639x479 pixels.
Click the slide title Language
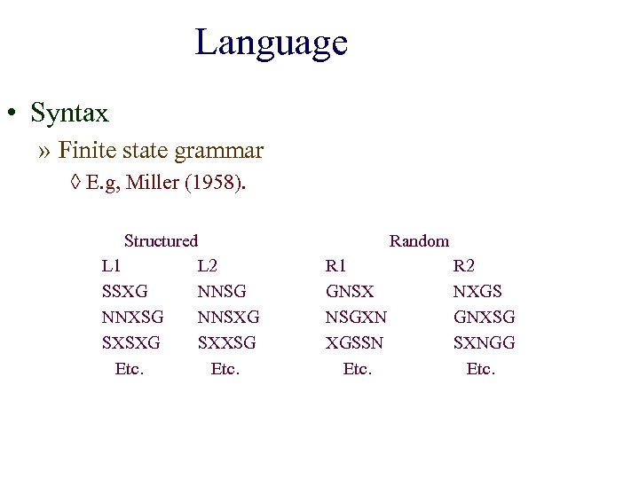pyautogui.click(x=271, y=42)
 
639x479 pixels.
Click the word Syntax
pyautogui.click(x=69, y=114)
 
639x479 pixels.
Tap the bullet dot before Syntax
pyautogui.click(x=11, y=114)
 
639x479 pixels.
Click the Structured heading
pyautogui.click(x=161, y=240)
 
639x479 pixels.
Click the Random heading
pyautogui.click(x=419, y=241)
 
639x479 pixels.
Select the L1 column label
pyautogui.click(x=112, y=266)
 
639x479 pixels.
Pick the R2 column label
pyautogui.click(x=464, y=266)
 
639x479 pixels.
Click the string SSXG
pyautogui.click(x=125, y=291)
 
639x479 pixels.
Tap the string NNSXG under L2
pyautogui.click(x=228, y=317)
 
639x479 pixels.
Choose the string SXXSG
pyautogui.click(x=226, y=342)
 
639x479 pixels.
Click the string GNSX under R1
pyautogui.click(x=350, y=291)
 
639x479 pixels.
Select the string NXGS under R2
pyautogui.click(x=477, y=291)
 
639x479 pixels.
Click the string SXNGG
pyautogui.click(x=484, y=342)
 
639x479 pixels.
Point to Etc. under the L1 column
pyautogui.click(x=130, y=368)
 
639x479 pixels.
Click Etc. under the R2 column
pyautogui.click(x=480, y=368)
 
